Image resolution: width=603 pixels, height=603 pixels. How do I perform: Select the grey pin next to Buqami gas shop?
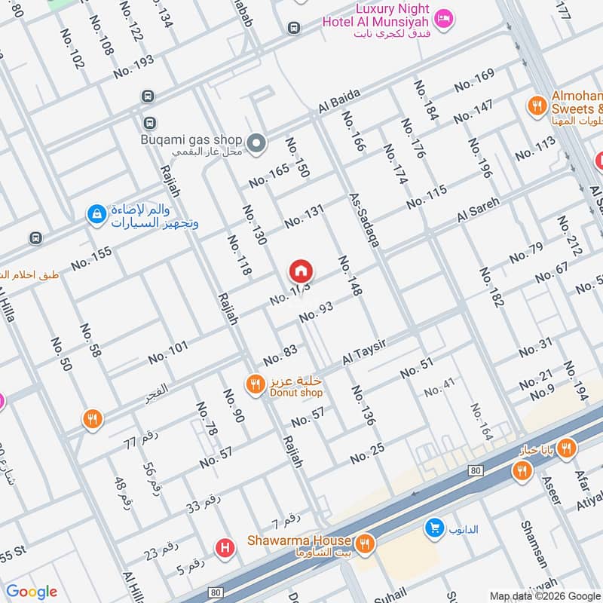(257, 142)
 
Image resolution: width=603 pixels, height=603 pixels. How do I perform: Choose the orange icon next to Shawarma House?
(366, 542)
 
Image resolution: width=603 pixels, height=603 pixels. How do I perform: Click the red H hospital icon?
(223, 548)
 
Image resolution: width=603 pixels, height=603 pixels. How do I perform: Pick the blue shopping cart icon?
(433, 528)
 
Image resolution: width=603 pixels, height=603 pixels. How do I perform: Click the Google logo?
(31, 592)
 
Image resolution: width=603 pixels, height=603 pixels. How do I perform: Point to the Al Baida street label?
(340, 102)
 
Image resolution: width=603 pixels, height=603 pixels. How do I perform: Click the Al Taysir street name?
(364, 352)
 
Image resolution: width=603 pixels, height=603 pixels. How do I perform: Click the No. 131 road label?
(304, 216)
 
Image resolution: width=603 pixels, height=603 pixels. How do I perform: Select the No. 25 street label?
(367, 453)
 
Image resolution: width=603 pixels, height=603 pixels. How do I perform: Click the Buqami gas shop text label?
(191, 139)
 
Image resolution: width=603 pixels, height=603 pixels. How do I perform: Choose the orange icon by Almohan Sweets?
(537, 106)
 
